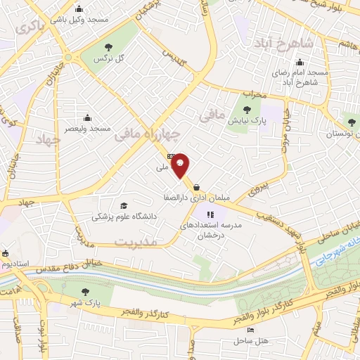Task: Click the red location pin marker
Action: coord(181,164)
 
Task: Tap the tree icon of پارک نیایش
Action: coord(247,108)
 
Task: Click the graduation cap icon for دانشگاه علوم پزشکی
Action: coord(124,205)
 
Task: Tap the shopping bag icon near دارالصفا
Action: coord(196,187)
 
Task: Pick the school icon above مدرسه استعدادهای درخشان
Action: coord(210,214)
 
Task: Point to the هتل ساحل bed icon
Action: coord(250,330)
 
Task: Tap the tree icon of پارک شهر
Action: coord(86,292)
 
